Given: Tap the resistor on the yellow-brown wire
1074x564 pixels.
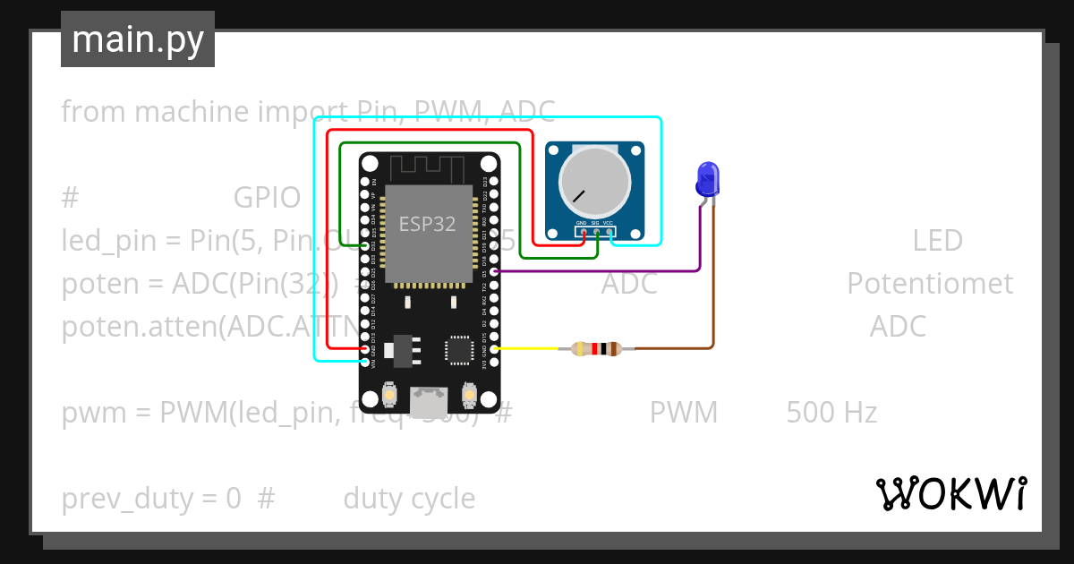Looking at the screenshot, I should pos(596,349).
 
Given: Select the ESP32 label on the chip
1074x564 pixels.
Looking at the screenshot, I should pos(427,224).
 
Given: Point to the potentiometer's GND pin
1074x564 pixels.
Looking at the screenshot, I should pos(583,232).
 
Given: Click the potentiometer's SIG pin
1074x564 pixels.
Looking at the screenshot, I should pos(596,232).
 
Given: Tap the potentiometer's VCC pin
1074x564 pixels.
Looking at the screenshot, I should pos(609,232).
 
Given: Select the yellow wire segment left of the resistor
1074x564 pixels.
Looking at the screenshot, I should pos(533,348).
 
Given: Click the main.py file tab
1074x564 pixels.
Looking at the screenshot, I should pos(138,39).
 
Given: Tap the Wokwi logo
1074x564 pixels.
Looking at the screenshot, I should pos(950,493).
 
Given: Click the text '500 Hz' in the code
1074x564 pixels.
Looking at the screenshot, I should pos(831,413).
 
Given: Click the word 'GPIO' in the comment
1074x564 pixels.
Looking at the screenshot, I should pos(267,198).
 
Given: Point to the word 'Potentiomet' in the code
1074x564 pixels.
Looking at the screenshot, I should pos(930,284).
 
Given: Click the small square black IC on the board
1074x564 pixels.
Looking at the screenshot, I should pos(461,349).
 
